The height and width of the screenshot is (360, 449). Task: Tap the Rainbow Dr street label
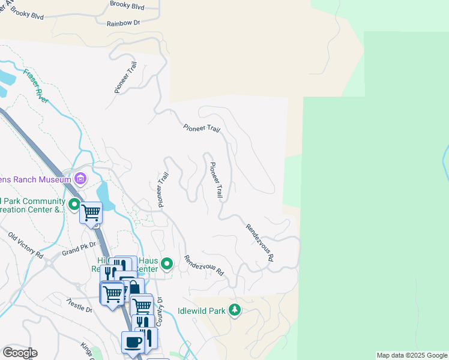(x=123, y=23)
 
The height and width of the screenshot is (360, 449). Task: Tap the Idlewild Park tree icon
(x=235, y=310)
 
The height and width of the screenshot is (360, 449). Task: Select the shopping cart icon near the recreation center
(x=91, y=212)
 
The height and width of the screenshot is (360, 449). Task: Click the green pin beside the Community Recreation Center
(x=74, y=205)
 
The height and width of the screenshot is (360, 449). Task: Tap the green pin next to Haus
(x=168, y=263)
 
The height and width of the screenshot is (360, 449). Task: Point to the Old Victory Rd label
(x=26, y=245)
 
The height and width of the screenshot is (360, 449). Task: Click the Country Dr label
(x=160, y=312)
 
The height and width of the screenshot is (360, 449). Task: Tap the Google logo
(x=20, y=353)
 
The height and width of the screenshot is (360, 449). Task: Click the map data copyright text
(x=412, y=355)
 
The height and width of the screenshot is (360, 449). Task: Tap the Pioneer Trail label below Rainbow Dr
(x=125, y=77)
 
